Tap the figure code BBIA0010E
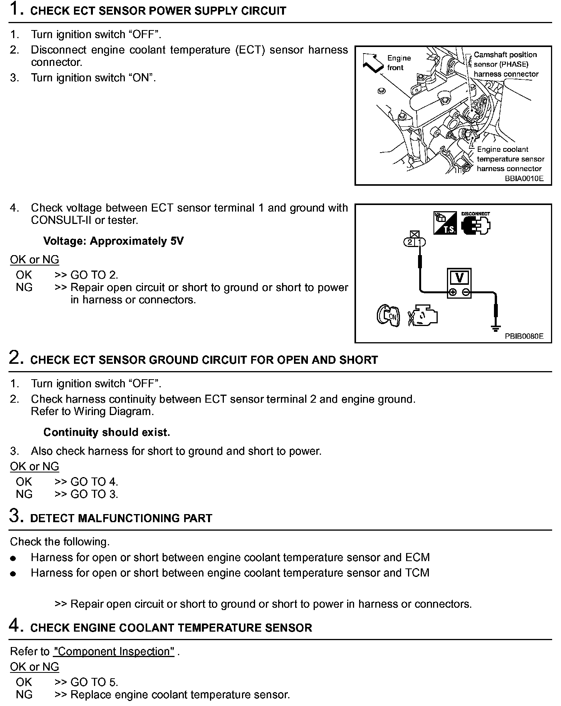(x=524, y=178)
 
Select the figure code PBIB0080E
(x=524, y=336)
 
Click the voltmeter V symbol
(x=459, y=277)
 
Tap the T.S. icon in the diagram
(x=445, y=223)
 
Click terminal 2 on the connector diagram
(x=410, y=242)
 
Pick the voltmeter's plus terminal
(x=452, y=292)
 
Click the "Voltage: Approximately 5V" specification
(x=113, y=241)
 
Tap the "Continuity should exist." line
(x=106, y=432)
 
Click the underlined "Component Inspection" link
(x=114, y=651)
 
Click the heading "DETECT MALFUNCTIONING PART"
(x=121, y=518)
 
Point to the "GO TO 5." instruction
(x=94, y=682)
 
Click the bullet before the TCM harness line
(x=13, y=573)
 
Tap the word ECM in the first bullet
(x=417, y=558)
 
